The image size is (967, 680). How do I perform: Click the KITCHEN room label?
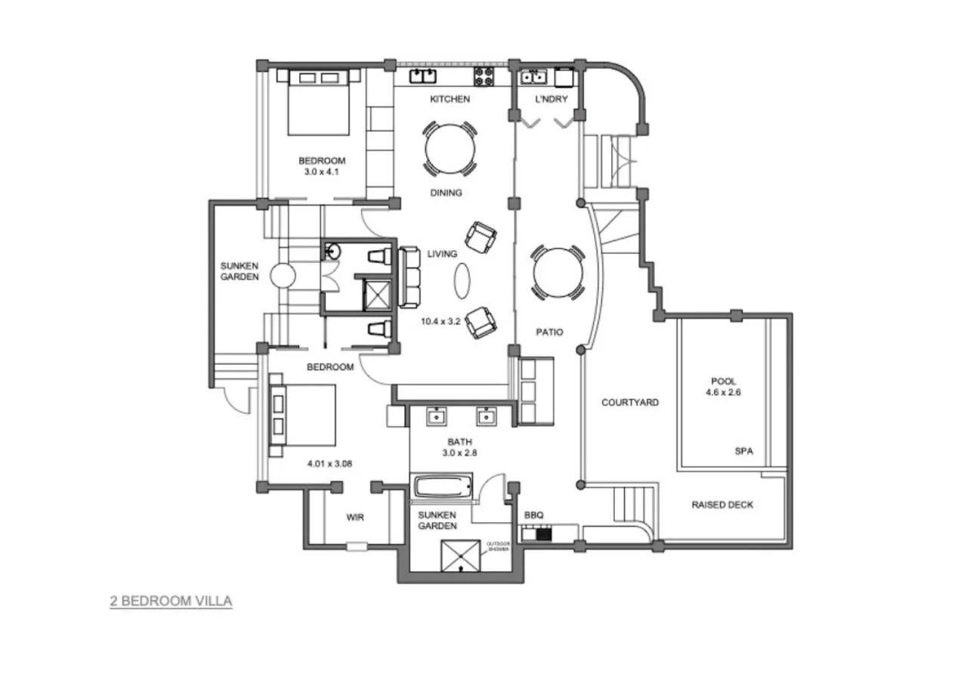coord(450,99)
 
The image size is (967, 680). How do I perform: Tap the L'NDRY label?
coord(551,99)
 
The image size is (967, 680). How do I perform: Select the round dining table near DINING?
coord(450,148)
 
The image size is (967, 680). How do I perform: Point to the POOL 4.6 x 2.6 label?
coord(723,387)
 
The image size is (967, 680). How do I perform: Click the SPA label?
coord(744,451)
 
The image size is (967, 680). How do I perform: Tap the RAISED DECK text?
coord(722,505)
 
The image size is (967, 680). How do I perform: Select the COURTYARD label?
coord(629,403)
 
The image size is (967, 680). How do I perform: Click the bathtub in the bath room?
coord(443,486)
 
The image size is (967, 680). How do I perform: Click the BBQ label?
coord(533,516)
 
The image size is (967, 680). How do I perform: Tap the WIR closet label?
coord(356,518)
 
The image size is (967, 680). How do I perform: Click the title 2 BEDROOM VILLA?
coord(171,601)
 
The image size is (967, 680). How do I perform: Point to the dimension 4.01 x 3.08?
coord(330,463)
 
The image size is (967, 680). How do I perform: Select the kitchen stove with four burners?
coord(483,76)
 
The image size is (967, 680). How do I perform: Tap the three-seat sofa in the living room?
coord(409,277)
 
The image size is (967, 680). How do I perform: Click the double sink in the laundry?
coord(533,76)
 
